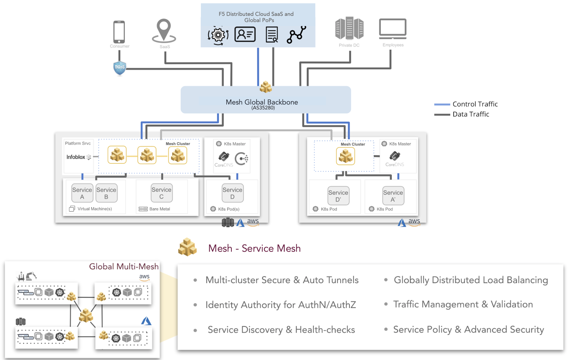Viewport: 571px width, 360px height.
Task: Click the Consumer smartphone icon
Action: pos(119,32)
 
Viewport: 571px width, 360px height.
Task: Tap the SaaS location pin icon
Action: pos(164,31)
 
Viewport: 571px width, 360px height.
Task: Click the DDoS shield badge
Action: pos(120,68)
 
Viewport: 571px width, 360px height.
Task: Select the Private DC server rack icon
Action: pos(349,28)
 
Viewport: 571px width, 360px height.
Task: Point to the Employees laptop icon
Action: pos(392,28)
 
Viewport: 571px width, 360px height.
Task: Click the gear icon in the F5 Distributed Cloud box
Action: pos(218,35)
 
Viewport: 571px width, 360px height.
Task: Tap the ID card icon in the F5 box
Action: pos(245,34)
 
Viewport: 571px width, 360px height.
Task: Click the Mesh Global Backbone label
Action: pos(262,102)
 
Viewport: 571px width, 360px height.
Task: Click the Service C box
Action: pos(161,193)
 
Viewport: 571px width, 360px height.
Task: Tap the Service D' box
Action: pos(338,196)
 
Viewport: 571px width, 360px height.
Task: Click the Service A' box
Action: pos(393,196)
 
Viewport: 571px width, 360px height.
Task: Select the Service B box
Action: pos(106,193)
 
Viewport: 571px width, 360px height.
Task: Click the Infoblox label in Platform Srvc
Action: pos(76,157)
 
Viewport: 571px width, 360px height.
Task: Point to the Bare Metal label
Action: pos(160,209)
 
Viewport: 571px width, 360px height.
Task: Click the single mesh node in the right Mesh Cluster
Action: pos(345,156)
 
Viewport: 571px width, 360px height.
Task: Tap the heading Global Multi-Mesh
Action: pos(124,267)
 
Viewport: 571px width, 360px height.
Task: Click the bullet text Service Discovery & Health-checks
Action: pos(281,330)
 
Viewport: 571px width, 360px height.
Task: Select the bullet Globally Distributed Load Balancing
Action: pos(471,280)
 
